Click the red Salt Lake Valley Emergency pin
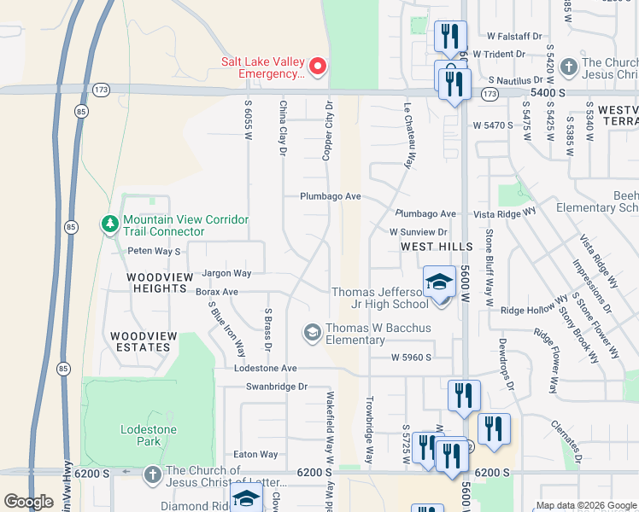317,66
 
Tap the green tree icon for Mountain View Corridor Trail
109,224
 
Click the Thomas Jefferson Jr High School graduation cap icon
439,281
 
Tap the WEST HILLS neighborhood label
437,247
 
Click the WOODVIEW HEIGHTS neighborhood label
156,283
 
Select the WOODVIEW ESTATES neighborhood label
144,341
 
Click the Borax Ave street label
216,292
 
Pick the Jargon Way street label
226,274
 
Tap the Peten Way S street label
155,252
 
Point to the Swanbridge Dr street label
276,387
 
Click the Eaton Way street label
256,455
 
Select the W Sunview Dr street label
419,231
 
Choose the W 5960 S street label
412,358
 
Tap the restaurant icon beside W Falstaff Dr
450,37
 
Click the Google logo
28,502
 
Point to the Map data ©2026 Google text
585,505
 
